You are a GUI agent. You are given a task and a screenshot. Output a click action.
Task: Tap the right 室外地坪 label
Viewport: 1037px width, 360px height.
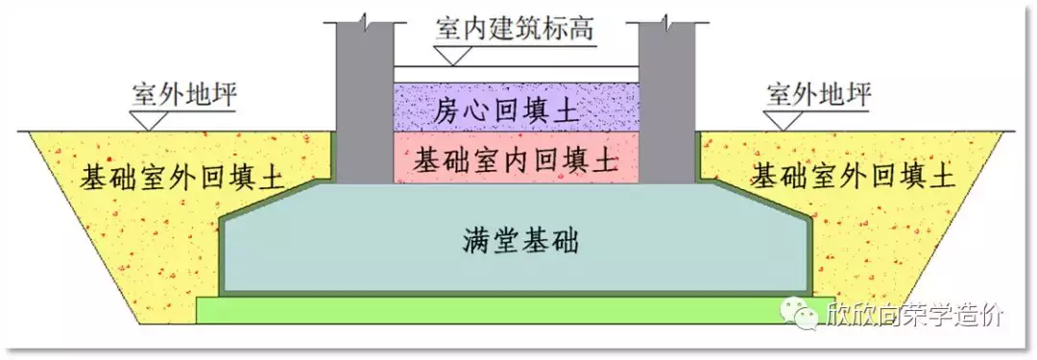820,96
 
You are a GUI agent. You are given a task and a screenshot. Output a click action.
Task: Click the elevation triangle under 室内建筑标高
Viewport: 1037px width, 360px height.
456,57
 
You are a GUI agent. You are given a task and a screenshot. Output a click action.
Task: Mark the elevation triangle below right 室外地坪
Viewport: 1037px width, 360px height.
784,121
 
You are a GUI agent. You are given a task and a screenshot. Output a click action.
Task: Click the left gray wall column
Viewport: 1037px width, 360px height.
364,106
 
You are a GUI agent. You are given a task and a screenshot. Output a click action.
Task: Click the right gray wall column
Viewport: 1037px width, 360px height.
666,106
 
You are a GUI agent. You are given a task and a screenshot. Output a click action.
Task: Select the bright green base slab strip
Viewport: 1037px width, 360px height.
480,309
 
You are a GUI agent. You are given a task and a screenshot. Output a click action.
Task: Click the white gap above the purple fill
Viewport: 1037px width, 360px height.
517,74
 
